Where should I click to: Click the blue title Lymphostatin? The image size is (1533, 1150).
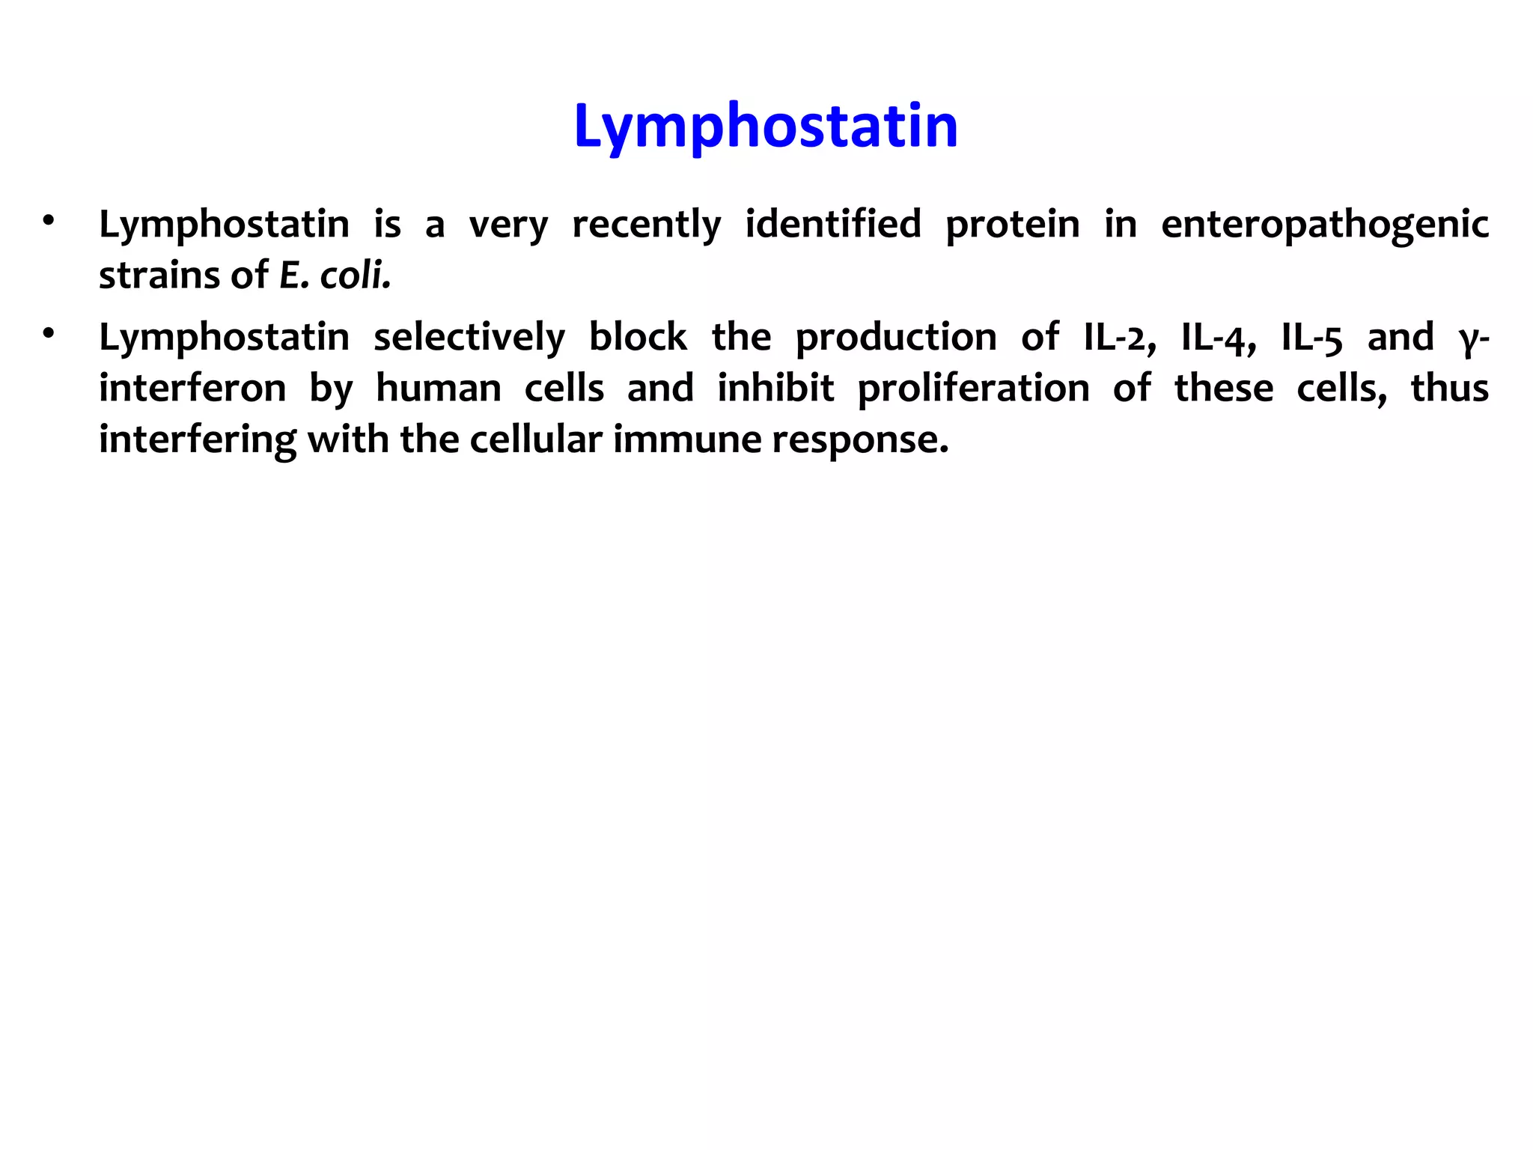765,127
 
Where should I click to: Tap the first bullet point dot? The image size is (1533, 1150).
49,221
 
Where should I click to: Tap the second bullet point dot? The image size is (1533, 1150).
49,333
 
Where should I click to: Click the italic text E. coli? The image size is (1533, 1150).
335,276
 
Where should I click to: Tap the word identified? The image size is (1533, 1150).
833,225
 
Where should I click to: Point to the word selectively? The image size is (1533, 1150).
469,338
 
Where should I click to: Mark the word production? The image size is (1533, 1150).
895,338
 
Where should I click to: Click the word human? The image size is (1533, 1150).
439,389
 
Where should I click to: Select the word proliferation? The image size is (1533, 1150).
973,389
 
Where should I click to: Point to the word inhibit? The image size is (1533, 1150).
775,388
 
